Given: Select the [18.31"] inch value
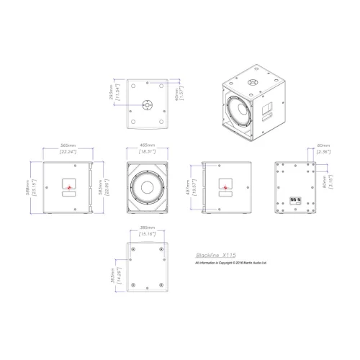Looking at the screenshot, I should pos(145,153).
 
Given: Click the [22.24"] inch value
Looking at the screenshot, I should pos(70,153).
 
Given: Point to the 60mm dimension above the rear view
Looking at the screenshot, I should pos(323,145).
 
